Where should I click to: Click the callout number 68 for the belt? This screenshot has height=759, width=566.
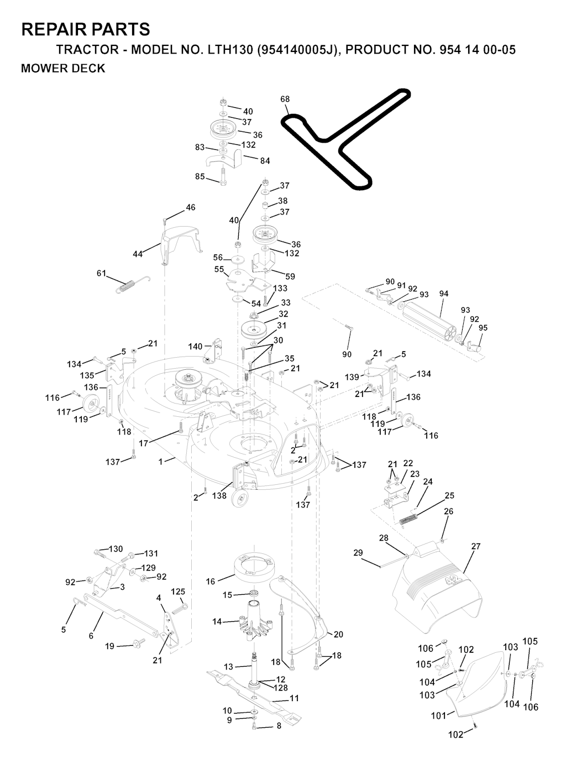coord(285,99)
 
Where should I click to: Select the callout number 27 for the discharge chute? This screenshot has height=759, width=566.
coord(476,546)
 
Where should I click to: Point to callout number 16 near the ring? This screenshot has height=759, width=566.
coord(211,582)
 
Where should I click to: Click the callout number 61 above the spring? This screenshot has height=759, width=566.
coord(101,273)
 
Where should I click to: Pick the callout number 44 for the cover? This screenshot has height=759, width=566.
coord(138,254)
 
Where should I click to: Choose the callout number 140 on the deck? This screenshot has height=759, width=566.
coord(195,346)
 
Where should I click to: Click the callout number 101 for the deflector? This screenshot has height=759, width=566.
coord(438,715)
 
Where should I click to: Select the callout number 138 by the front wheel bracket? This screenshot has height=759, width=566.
coord(219,495)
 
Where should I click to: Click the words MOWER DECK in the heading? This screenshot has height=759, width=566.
coord(63,69)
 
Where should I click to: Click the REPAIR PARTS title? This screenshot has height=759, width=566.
coord(86,29)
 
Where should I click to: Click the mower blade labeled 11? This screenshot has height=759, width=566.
coord(254,698)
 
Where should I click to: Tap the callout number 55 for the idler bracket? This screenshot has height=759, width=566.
coord(219,269)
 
